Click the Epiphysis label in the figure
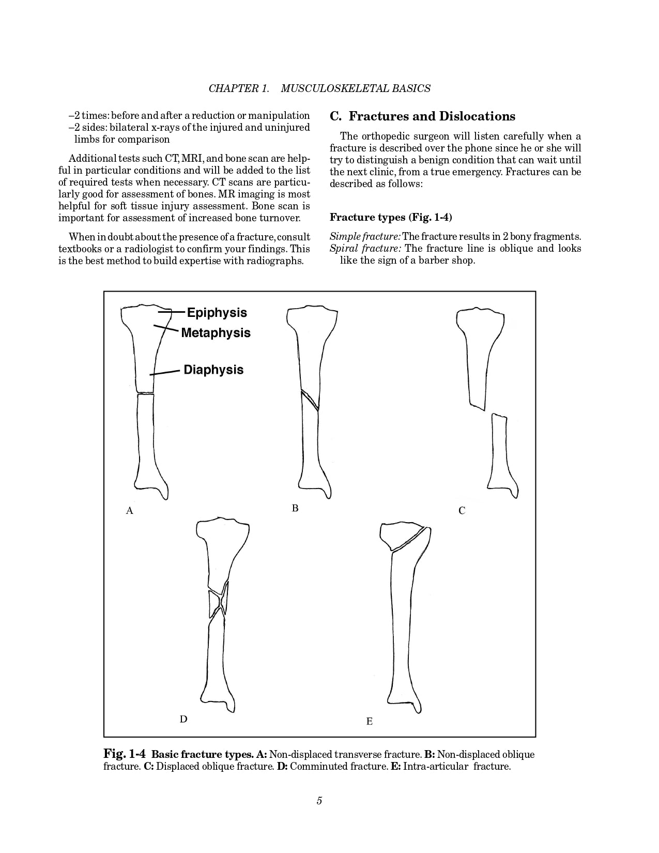click(x=217, y=313)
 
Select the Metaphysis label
click(x=216, y=333)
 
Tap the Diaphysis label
click(x=213, y=370)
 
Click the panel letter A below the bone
click(x=130, y=511)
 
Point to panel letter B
click(x=295, y=508)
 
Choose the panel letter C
click(x=462, y=511)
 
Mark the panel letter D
click(x=183, y=719)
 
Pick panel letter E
click(x=369, y=721)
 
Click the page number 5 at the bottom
click(x=319, y=801)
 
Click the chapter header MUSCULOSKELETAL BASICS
click(x=356, y=88)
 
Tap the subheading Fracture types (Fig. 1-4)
click(x=391, y=217)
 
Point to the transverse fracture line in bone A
click(x=146, y=394)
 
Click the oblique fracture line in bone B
click(x=310, y=400)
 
